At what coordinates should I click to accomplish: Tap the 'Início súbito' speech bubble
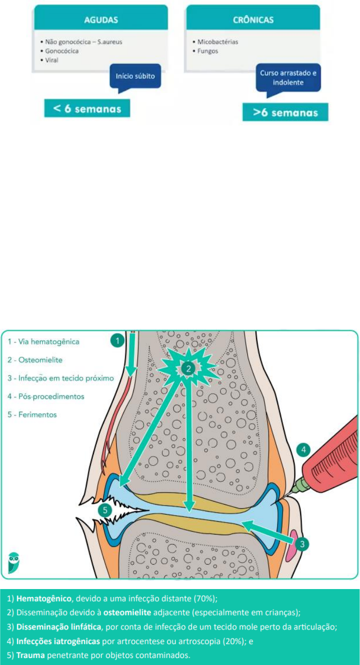pos(135,77)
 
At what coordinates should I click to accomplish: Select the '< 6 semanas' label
pos(87,108)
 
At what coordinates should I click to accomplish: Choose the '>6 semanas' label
pos(285,112)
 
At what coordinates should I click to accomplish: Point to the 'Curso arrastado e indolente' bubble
pos(288,77)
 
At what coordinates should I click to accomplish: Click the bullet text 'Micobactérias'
pos(217,42)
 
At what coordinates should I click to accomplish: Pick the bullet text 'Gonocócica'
pos(62,51)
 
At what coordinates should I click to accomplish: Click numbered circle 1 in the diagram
pos(117,341)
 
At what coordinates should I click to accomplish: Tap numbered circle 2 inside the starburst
pos(188,369)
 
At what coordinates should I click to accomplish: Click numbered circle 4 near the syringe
pos(303,450)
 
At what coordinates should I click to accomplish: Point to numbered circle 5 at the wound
pos(104,510)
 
